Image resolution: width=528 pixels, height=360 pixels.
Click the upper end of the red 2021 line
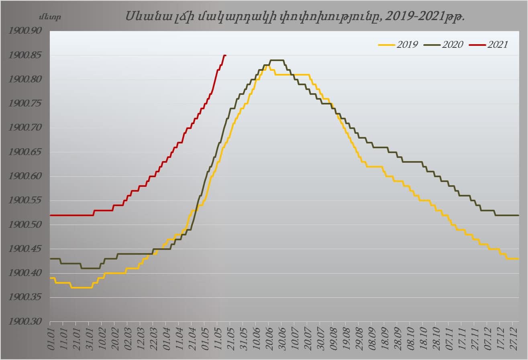tap(225, 55)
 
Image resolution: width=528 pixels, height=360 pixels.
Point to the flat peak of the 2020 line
tap(277, 60)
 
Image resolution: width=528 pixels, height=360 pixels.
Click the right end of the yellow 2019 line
tap(518, 259)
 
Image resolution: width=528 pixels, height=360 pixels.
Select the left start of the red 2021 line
tap(51, 215)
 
